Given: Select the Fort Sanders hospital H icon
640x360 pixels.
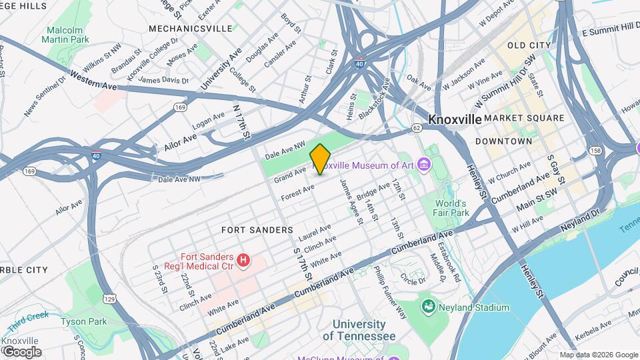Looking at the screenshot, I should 244,259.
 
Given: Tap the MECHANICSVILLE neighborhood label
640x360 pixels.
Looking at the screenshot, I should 191,29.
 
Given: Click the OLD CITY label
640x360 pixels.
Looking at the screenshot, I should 529,45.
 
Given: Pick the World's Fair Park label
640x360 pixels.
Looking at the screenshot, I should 452,208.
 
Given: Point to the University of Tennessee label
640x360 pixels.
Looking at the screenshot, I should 359,330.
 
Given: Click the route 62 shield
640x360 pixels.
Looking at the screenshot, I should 417,127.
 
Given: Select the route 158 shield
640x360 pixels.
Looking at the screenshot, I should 595,151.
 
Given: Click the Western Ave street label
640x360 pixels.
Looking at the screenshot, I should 93,82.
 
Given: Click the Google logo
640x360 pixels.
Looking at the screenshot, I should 21,352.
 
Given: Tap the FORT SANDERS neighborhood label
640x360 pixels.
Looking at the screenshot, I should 257,229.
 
